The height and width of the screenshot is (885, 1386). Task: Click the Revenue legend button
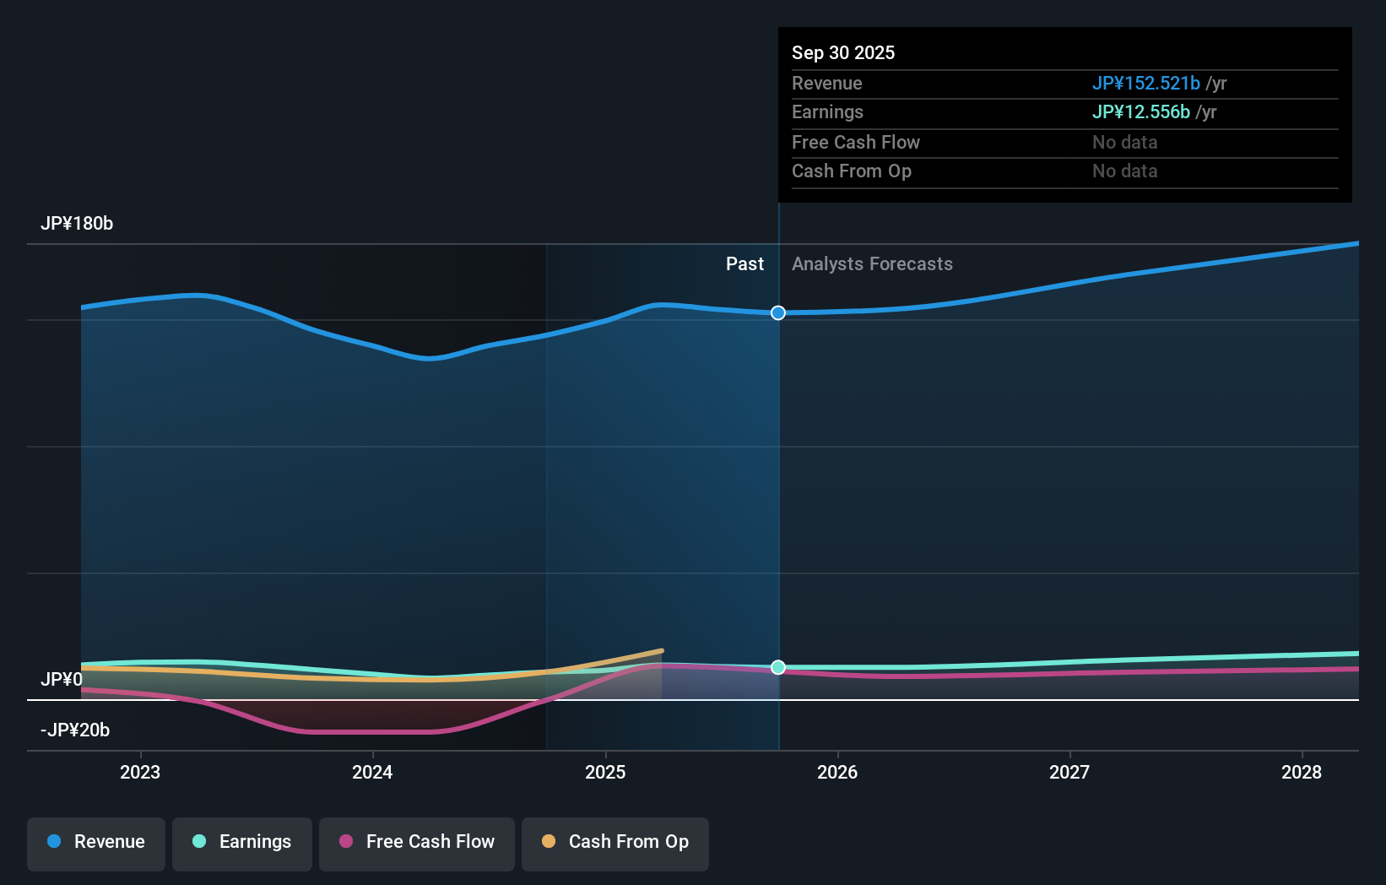(96, 842)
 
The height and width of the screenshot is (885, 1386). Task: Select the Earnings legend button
(242, 842)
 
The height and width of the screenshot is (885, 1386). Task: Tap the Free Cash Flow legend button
(417, 842)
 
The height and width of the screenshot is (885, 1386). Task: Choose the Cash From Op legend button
(615, 842)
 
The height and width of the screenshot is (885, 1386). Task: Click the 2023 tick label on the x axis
(140, 772)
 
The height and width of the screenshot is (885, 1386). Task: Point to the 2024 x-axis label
(372, 772)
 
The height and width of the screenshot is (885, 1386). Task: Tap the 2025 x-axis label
(605, 772)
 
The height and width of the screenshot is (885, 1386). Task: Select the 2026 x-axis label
(837, 772)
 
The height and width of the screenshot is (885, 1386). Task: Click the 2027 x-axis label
(1069, 772)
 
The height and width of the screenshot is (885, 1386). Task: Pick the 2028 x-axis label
(1302, 772)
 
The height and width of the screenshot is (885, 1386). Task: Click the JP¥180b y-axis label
(77, 224)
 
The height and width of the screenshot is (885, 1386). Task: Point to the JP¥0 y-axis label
(62, 680)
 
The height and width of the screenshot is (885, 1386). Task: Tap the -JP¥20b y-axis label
(75, 730)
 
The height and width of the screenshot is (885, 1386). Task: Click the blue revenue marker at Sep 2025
(778, 313)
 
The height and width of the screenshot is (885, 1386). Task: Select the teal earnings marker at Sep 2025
(778, 667)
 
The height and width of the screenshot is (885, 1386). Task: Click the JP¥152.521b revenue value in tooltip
(1145, 84)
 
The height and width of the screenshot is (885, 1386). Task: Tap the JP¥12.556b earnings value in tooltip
(1140, 112)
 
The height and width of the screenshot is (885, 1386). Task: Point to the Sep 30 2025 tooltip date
(843, 53)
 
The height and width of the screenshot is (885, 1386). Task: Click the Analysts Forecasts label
(872, 264)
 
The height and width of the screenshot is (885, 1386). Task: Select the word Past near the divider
(744, 264)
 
